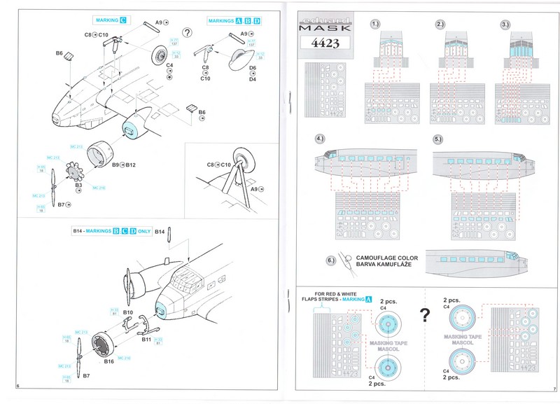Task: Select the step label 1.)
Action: [x=376, y=25]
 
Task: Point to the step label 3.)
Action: [x=505, y=25]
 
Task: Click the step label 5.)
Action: [x=439, y=139]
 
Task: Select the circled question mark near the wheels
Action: [x=187, y=32]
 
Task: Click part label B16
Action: [x=108, y=361]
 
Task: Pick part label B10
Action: [x=127, y=311]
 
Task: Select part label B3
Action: [x=78, y=186]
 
